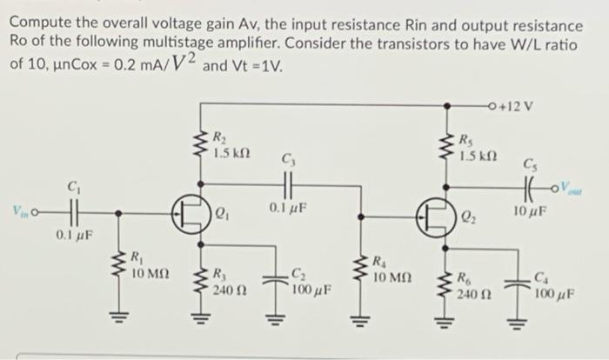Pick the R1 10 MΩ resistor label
pyautogui.click(x=143, y=266)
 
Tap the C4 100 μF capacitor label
pyautogui.click(x=551, y=285)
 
